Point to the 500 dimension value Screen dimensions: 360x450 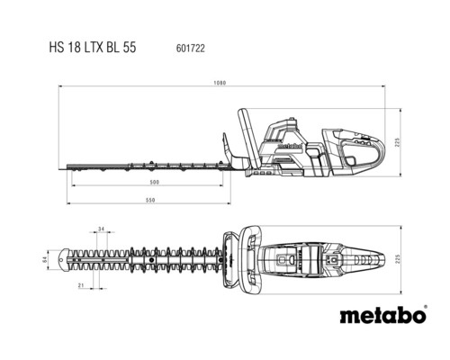(155, 183)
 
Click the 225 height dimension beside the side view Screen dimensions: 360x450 (397, 142)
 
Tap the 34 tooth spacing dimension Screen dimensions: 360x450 (102, 229)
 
